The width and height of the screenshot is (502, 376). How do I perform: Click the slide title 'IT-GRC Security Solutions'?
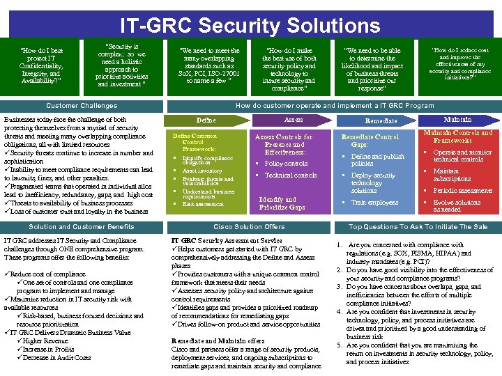250,26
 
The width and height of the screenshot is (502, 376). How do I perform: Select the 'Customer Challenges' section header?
82,106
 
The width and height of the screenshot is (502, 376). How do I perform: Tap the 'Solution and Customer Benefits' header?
82,227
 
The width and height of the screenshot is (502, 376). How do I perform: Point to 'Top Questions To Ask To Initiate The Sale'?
418,227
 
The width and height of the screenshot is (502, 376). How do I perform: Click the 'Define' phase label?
206,120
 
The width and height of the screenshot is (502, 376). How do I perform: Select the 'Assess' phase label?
293,120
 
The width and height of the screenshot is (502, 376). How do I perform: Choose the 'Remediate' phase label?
361,120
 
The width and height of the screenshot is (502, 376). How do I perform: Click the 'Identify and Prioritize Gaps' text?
282,203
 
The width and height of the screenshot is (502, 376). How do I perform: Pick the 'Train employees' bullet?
374,203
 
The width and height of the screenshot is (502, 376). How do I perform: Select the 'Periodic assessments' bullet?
462,191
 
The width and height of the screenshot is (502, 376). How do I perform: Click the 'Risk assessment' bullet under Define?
203,204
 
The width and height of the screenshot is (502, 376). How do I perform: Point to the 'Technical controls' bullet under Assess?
290,175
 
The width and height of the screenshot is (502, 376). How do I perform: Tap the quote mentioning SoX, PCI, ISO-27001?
209,65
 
